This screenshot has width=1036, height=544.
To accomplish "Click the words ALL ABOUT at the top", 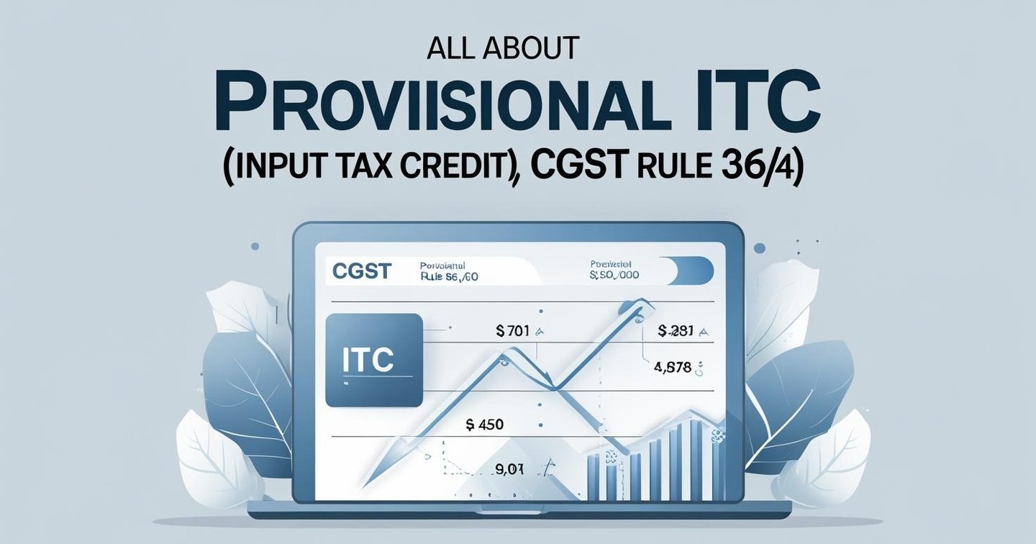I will coord(503,47).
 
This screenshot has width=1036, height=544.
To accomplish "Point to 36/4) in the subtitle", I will coord(765,171).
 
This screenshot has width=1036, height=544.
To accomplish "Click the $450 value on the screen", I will coord(484,425).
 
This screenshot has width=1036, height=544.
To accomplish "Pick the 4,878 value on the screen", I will coord(673,368).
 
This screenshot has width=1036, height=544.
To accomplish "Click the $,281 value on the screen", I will coord(676,331).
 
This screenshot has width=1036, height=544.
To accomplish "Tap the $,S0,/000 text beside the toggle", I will coord(614,275).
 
